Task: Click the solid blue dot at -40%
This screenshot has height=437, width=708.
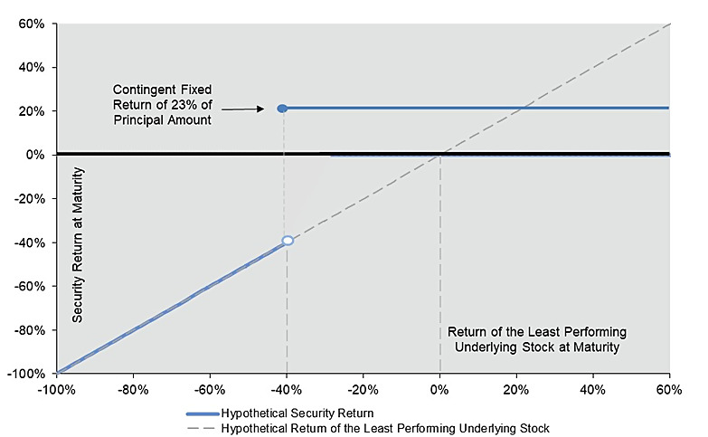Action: (x=282, y=109)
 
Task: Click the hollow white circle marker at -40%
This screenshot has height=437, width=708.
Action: (x=288, y=241)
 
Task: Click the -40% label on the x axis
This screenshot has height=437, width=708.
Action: (x=287, y=392)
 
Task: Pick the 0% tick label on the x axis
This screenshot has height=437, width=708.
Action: (x=439, y=392)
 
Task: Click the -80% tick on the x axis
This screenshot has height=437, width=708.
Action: (x=133, y=392)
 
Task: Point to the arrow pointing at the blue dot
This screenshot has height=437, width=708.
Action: (x=249, y=109)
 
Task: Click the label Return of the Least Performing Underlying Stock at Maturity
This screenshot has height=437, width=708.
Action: (x=536, y=337)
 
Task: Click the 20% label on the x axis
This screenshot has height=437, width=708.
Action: (x=516, y=392)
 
